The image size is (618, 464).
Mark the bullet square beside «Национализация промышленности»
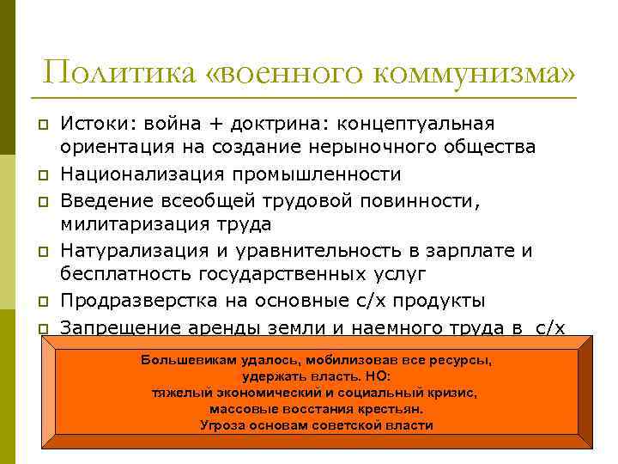tap(41, 175)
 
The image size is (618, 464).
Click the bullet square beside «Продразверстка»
tap(41, 302)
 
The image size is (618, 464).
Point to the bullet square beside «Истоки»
tap(41, 126)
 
